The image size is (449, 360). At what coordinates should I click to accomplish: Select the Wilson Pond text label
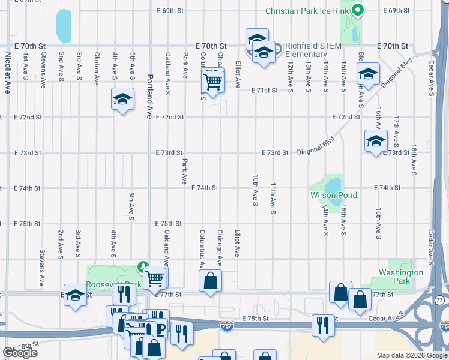click(333, 196)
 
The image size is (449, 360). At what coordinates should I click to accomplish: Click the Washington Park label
click(401, 277)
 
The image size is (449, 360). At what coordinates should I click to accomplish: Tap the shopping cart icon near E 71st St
click(212, 80)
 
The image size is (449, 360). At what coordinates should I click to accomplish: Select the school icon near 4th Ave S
click(122, 99)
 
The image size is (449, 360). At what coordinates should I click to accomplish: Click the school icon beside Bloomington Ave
click(367, 74)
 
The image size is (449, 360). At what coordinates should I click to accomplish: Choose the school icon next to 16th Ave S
click(376, 141)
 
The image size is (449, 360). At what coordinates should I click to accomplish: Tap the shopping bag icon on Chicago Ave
click(211, 281)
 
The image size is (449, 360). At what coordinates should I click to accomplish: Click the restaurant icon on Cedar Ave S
click(323, 325)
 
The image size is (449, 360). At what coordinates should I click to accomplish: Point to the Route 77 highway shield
click(440, 299)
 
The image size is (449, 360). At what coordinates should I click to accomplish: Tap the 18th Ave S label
click(414, 160)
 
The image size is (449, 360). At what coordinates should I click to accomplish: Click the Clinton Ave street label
click(97, 68)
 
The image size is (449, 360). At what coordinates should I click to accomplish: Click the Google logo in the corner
click(20, 353)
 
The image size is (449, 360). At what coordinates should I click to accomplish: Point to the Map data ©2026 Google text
click(412, 355)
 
